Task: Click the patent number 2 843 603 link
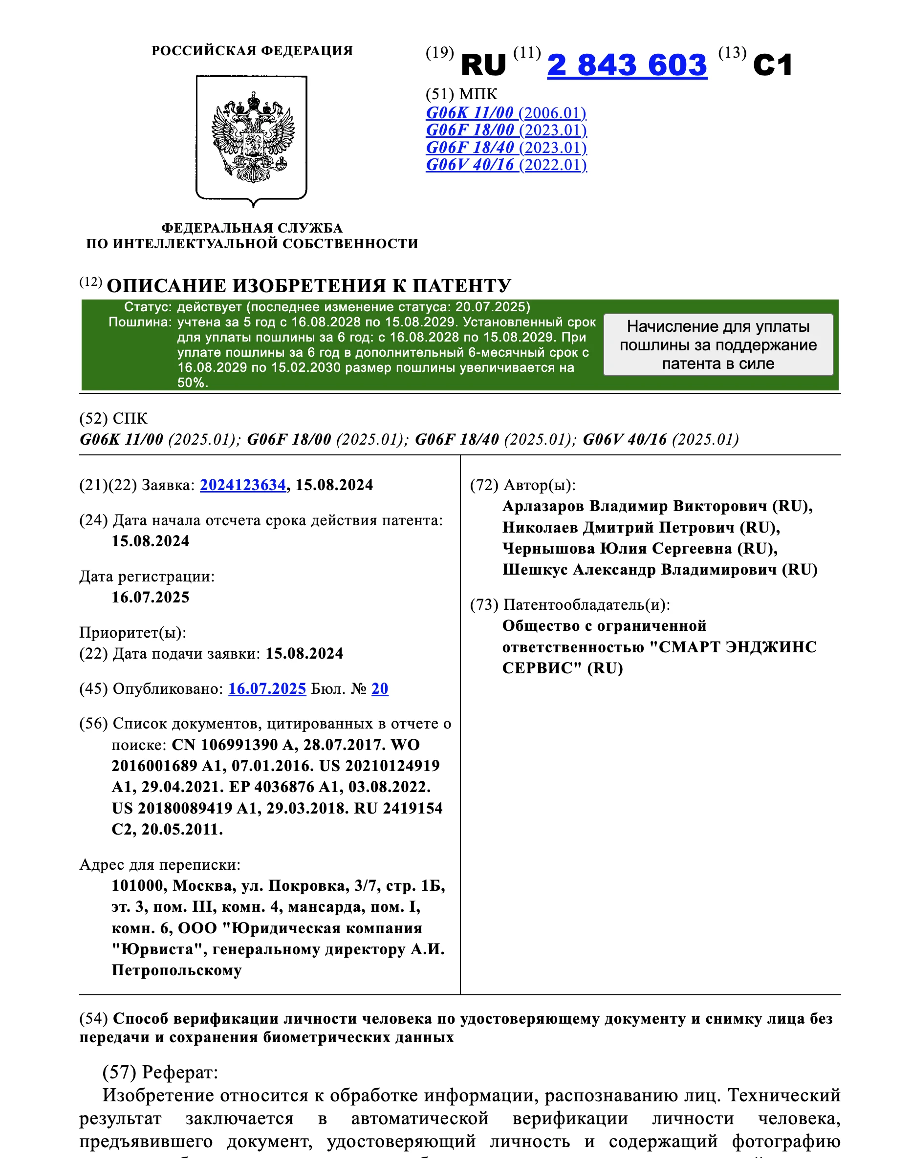point(627,65)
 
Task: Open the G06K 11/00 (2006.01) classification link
point(506,113)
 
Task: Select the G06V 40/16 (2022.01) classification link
point(506,165)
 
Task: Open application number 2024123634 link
point(243,485)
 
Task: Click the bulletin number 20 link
point(380,689)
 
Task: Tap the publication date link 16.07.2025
point(267,689)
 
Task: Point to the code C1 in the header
point(773,65)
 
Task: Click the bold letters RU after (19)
point(483,65)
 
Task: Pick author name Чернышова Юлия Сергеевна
point(617,548)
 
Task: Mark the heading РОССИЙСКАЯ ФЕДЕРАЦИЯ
point(252,51)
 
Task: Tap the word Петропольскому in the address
point(176,970)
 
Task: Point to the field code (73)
point(484,605)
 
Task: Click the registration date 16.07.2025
point(150,597)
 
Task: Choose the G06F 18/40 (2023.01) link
point(506,148)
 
